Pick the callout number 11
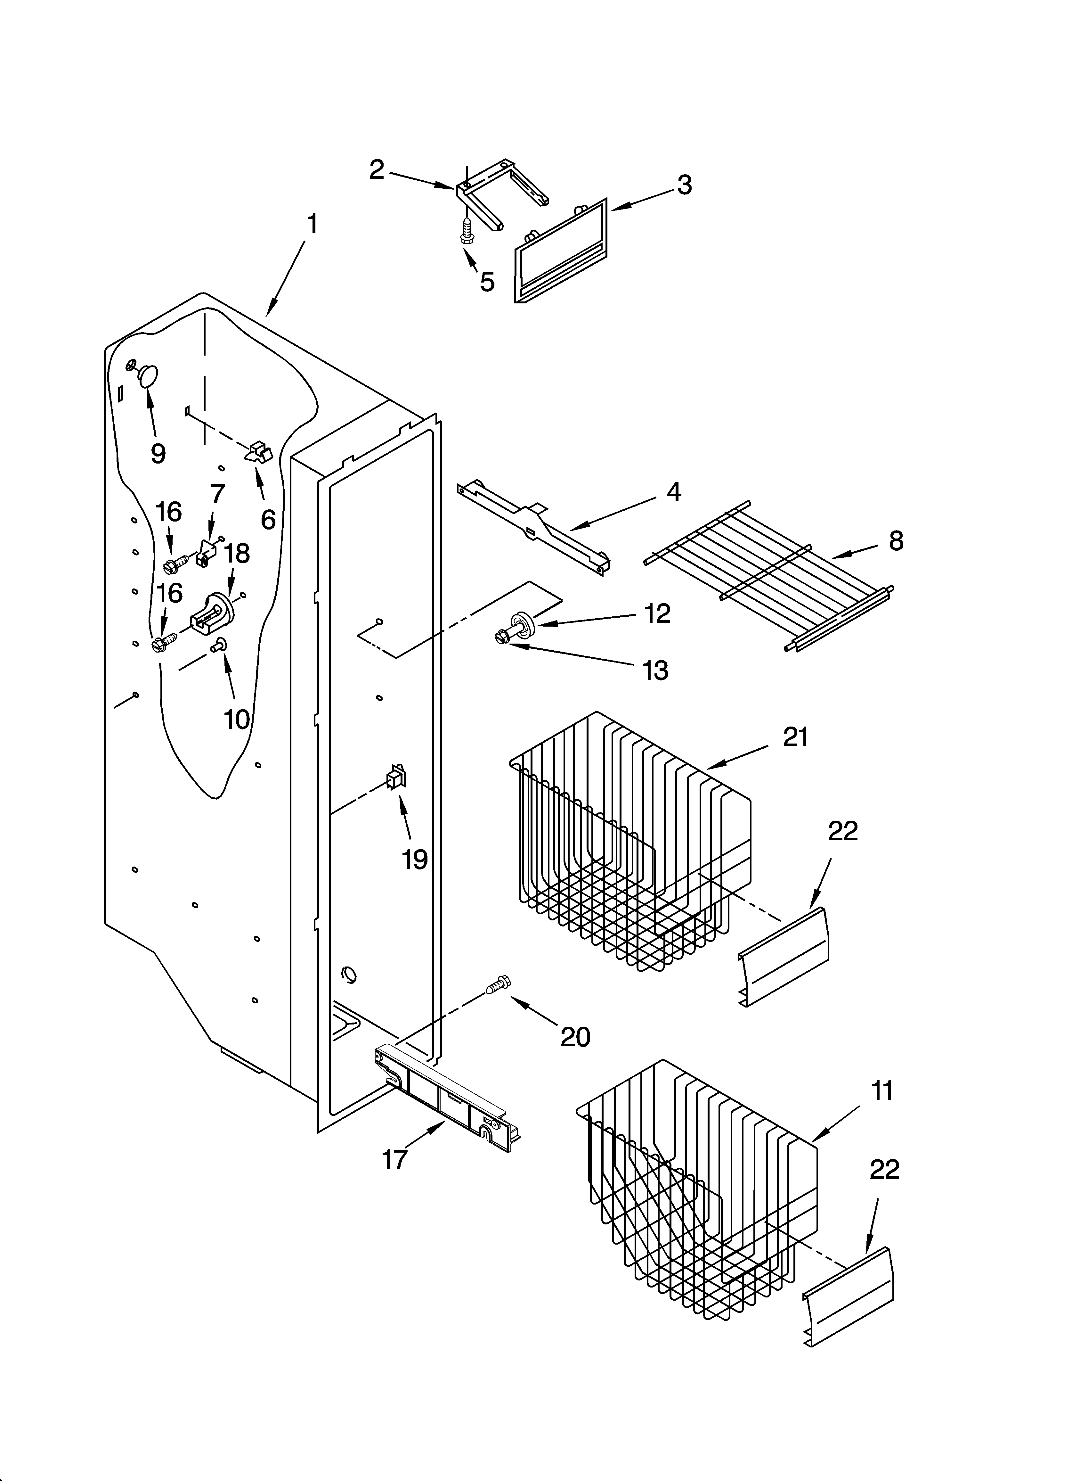coord(882,1091)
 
